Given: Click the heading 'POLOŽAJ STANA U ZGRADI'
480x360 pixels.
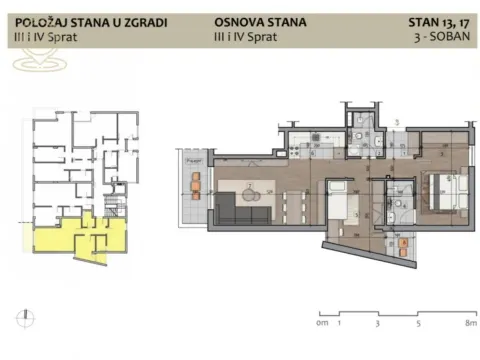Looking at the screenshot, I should click(92, 22).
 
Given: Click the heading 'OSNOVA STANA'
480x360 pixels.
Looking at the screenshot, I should click(258, 22).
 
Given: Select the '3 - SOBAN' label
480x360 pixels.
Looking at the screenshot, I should click(447, 37).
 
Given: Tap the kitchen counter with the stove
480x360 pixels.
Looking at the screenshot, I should click(300, 149).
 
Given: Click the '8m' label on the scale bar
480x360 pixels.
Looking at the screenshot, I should click(470, 324).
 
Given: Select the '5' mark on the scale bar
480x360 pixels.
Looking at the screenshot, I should click(414, 324).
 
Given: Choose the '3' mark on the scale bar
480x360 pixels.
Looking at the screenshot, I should click(376, 324).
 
